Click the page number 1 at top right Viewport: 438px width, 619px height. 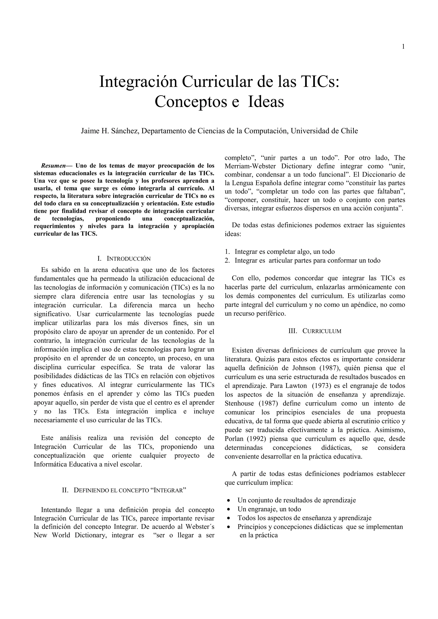tap(403, 47)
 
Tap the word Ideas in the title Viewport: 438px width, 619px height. tap(266, 102)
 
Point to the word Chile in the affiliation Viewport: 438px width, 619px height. tap(349, 131)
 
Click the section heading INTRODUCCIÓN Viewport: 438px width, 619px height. tap(129, 259)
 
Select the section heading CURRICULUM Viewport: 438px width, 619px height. tap(322, 331)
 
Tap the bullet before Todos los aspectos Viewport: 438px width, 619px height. tap(229, 518)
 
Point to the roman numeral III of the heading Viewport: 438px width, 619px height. tap(293, 331)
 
